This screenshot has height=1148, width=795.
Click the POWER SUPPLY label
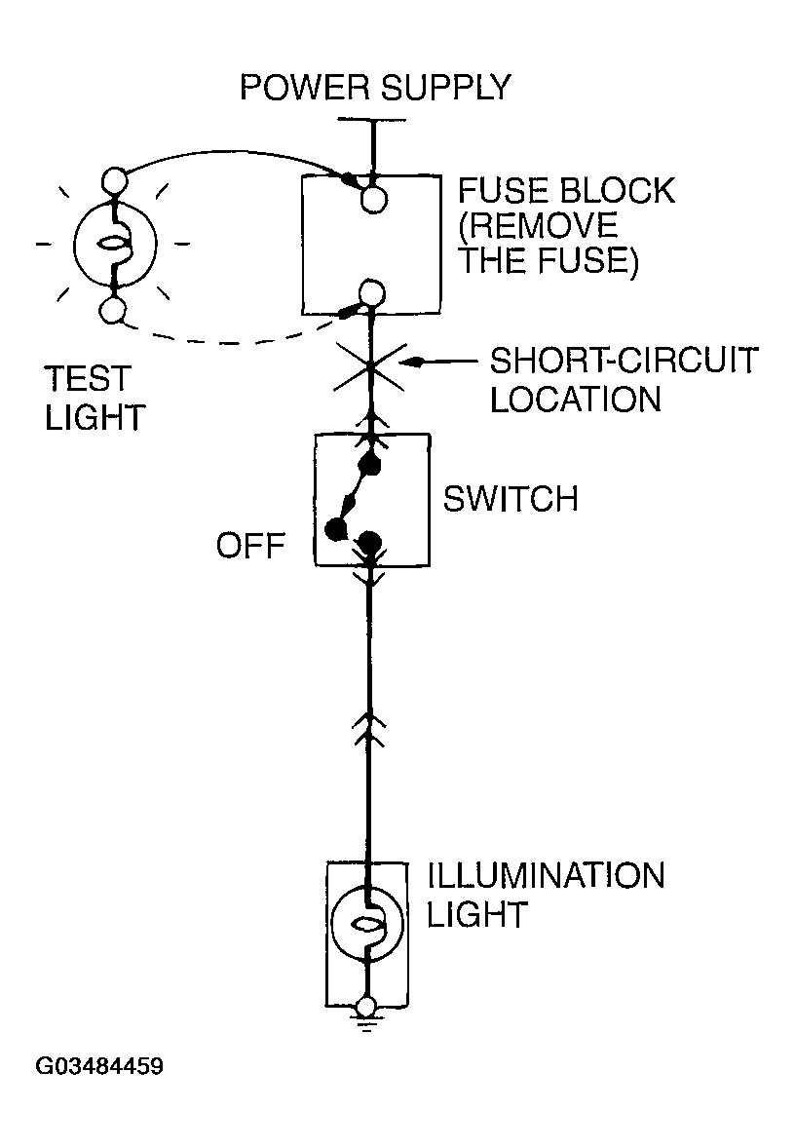coord(374,88)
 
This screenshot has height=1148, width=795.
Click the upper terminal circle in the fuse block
coord(372,200)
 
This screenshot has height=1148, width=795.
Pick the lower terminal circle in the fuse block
coord(371,291)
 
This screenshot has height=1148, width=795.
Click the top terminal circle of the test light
coord(115,181)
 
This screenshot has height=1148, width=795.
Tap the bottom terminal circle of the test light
coord(115,311)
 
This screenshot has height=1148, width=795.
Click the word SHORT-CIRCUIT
coord(623,362)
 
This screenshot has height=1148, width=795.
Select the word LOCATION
coord(575,400)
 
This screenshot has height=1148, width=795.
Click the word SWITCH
coord(511,499)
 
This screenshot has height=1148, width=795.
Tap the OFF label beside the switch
coord(250,545)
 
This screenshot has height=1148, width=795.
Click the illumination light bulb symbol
coord(367,925)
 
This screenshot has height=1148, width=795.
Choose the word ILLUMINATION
coord(546,875)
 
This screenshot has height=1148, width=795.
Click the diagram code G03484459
coord(99,1066)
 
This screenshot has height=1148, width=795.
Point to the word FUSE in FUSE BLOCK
coord(500,190)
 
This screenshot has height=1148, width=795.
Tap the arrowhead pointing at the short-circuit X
coord(415,363)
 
